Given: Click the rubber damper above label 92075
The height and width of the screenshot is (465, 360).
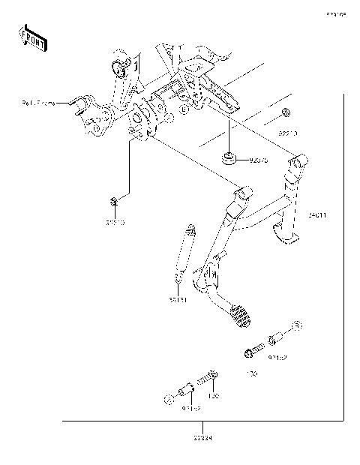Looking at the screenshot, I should (229, 157).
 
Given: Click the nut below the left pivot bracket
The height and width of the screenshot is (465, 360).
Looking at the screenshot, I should (112, 200).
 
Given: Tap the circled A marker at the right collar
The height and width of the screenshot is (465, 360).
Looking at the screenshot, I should (297, 325).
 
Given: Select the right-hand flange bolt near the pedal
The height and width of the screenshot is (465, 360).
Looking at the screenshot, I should (253, 351).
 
